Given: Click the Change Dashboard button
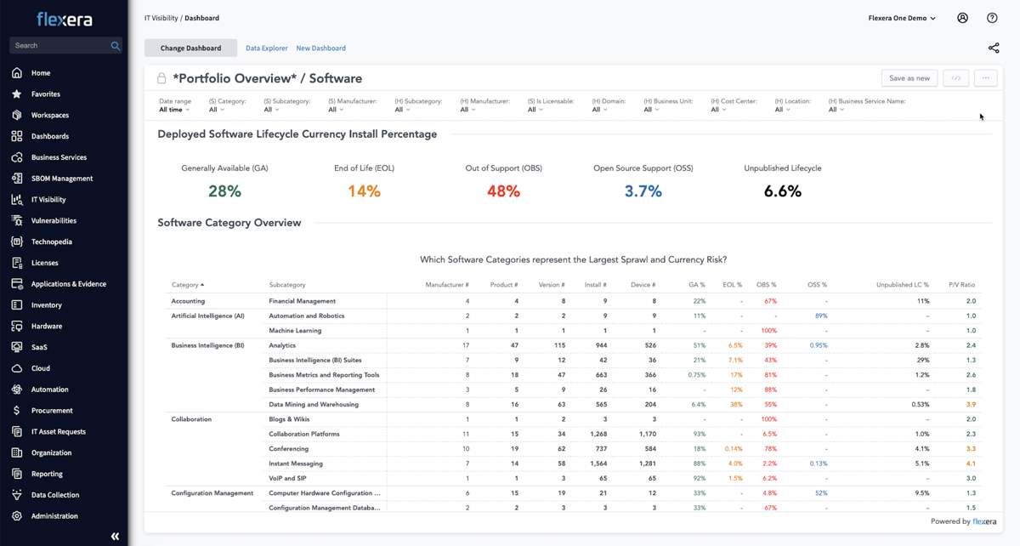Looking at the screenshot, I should coord(190,48).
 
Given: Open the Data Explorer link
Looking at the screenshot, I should coord(266,48).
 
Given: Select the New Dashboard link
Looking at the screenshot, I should coord(320,48).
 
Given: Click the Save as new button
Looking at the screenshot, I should coord(909,78).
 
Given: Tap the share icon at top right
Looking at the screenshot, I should coord(993,48).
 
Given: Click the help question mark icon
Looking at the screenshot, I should coord(992,18).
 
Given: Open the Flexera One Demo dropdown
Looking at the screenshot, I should coord(902,18).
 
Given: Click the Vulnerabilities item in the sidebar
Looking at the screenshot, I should coord(54,220).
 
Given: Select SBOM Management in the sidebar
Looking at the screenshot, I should coord(62,179).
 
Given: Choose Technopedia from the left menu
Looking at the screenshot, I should coord(51,242).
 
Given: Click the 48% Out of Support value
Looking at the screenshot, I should coord(503,191).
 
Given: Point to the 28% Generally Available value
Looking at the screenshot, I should coord(224,191).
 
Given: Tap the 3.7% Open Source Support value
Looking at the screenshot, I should coord(643,191).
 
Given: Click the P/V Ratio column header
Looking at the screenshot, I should coord(961,285).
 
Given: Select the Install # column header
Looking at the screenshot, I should coord(595,285).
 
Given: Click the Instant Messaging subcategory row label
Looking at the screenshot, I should coord(295,464).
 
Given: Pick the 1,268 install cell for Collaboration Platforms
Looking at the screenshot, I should coord(597,434).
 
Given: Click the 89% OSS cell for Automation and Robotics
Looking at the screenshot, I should coord(820,316).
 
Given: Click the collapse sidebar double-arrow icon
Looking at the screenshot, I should coord(115,537).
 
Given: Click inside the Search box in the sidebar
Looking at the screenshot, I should coord(59,46).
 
